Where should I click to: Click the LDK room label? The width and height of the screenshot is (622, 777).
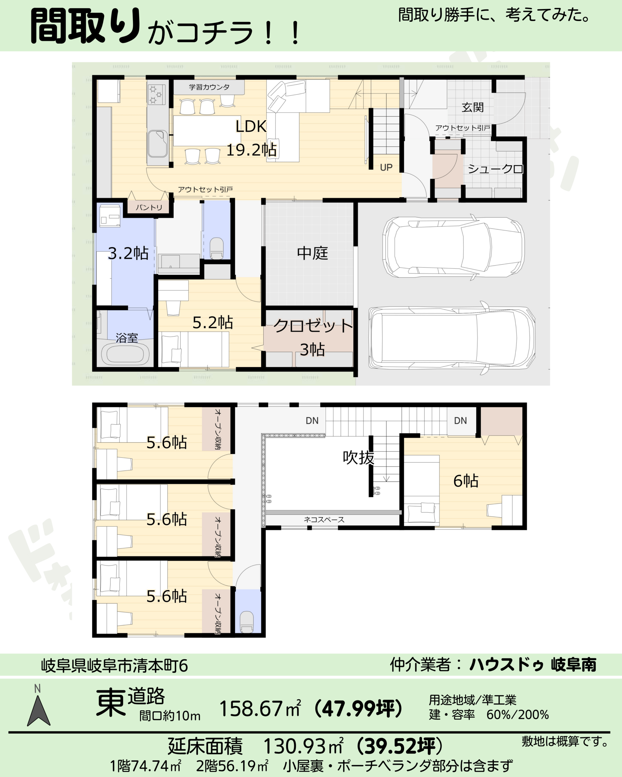click(x=251, y=127)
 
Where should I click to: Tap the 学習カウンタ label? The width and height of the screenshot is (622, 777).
click(x=209, y=87)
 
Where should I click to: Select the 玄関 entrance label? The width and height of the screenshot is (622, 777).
click(x=472, y=107)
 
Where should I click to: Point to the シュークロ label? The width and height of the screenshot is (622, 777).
click(x=495, y=169)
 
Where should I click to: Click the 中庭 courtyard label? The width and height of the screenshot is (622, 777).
click(x=312, y=253)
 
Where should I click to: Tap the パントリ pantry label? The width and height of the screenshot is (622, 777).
click(x=149, y=207)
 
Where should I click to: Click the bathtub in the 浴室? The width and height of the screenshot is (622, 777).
click(x=125, y=354)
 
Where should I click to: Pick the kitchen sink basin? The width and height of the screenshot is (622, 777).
click(x=157, y=144)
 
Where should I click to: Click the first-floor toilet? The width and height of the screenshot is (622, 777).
click(x=216, y=248)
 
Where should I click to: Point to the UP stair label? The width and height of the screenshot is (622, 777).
click(x=386, y=167)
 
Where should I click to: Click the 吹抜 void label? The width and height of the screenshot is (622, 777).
click(x=358, y=457)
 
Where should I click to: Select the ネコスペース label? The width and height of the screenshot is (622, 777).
click(x=324, y=519)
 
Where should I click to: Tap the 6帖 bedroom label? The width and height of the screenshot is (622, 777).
click(x=466, y=481)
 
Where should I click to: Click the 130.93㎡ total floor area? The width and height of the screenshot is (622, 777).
click(x=303, y=746)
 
